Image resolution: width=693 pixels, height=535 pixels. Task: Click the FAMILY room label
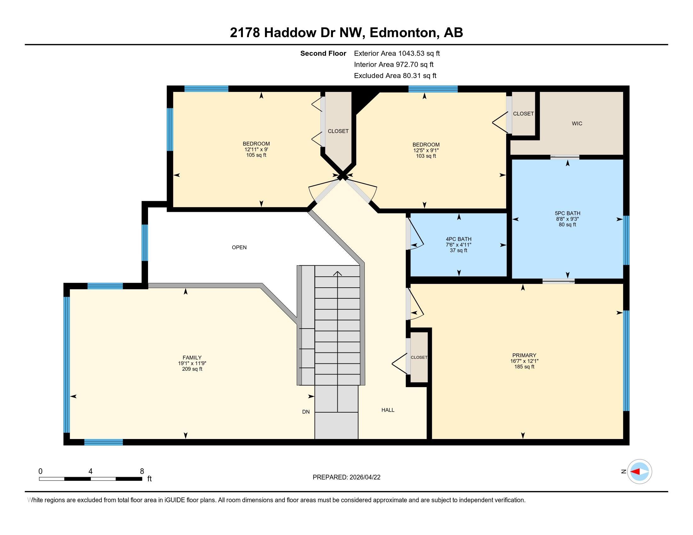[192, 358]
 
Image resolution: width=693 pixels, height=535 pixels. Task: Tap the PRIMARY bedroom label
[524, 355]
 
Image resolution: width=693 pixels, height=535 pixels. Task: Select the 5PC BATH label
[567, 213]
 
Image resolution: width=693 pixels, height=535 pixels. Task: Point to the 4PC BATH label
[458, 239]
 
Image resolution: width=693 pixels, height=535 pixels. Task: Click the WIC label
[576, 124]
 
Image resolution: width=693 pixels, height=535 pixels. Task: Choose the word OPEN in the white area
[239, 248]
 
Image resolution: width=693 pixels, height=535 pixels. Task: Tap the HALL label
[387, 410]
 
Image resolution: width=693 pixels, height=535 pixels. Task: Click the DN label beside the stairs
[306, 412]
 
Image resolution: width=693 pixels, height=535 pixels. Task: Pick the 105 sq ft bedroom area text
[256, 155]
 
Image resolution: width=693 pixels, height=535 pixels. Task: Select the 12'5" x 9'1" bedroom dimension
[426, 150]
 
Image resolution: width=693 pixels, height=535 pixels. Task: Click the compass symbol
[639, 471]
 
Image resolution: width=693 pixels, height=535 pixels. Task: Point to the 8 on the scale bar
[142, 471]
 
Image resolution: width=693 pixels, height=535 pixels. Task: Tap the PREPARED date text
[346, 477]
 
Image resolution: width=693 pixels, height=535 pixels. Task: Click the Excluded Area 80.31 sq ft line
[395, 76]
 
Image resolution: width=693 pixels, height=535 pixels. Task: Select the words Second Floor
[323, 53]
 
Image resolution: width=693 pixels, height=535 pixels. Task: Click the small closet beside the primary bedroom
[419, 357]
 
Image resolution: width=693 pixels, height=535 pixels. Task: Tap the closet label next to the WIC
[523, 114]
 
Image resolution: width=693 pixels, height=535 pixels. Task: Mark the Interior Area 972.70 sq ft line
[393, 65]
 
